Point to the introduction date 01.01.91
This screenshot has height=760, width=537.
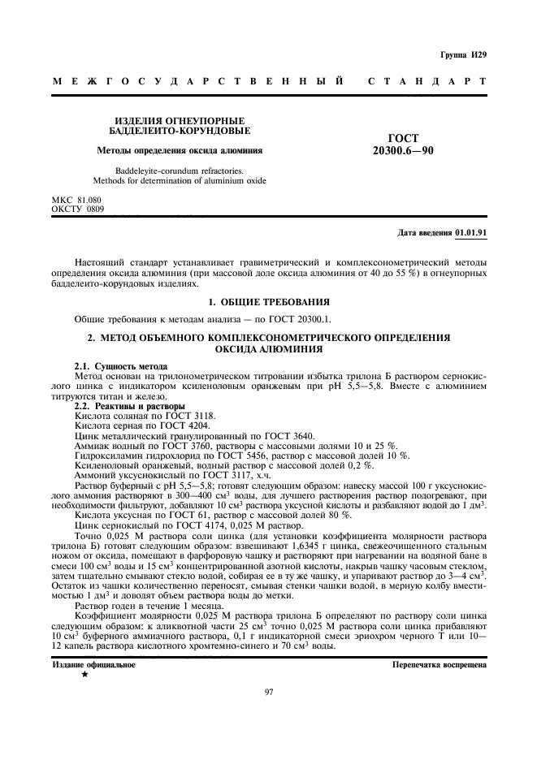[471, 232]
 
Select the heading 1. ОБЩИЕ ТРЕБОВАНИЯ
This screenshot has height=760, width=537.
[268, 301]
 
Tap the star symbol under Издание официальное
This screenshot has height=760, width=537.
[84, 674]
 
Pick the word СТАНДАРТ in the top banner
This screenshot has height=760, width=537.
[427, 82]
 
